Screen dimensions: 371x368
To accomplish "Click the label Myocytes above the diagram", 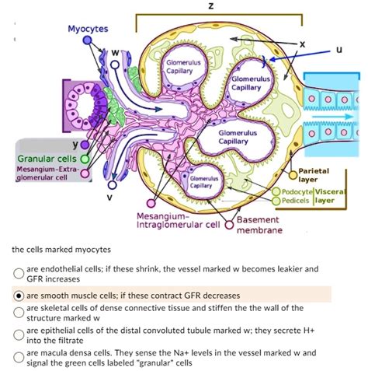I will click(88, 29).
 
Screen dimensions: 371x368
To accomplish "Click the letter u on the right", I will click(339, 48).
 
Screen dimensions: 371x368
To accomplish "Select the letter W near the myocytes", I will click(113, 53).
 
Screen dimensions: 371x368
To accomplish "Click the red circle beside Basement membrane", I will click(229, 228).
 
